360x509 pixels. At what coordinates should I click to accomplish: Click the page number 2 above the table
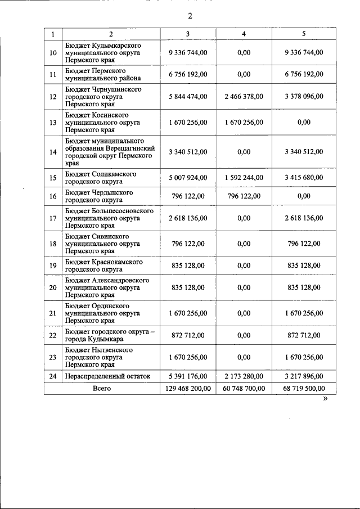(190, 16)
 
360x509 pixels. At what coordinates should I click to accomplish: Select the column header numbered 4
(244, 34)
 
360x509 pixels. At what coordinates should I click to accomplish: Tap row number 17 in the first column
(53, 218)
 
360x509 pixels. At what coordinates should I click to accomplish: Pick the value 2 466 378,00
(244, 97)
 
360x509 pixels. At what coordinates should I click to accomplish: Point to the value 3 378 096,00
(304, 97)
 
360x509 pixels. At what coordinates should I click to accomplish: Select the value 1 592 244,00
(244, 178)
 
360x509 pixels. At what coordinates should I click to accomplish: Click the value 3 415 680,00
(304, 178)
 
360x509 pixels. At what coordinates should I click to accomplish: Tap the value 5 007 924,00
(188, 178)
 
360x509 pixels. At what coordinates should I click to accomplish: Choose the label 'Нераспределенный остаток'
(108, 376)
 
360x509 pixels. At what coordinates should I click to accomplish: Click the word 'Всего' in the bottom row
(102, 388)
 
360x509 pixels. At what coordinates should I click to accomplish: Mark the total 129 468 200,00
(188, 388)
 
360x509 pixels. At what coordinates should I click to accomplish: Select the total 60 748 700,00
(244, 388)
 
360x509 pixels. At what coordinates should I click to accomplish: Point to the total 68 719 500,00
(304, 388)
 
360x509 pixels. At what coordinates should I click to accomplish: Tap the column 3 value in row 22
(188, 336)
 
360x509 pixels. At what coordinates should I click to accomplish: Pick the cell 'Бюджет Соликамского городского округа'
(101, 178)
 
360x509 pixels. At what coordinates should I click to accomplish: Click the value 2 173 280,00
(244, 376)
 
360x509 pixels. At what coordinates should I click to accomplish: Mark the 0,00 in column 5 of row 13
(304, 123)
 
